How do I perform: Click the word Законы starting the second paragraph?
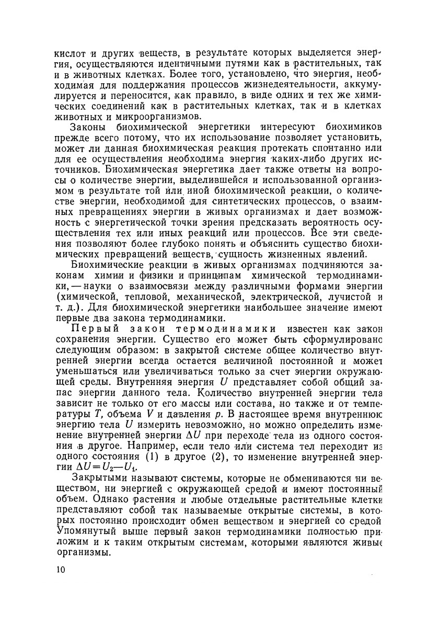tap(88, 127)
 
